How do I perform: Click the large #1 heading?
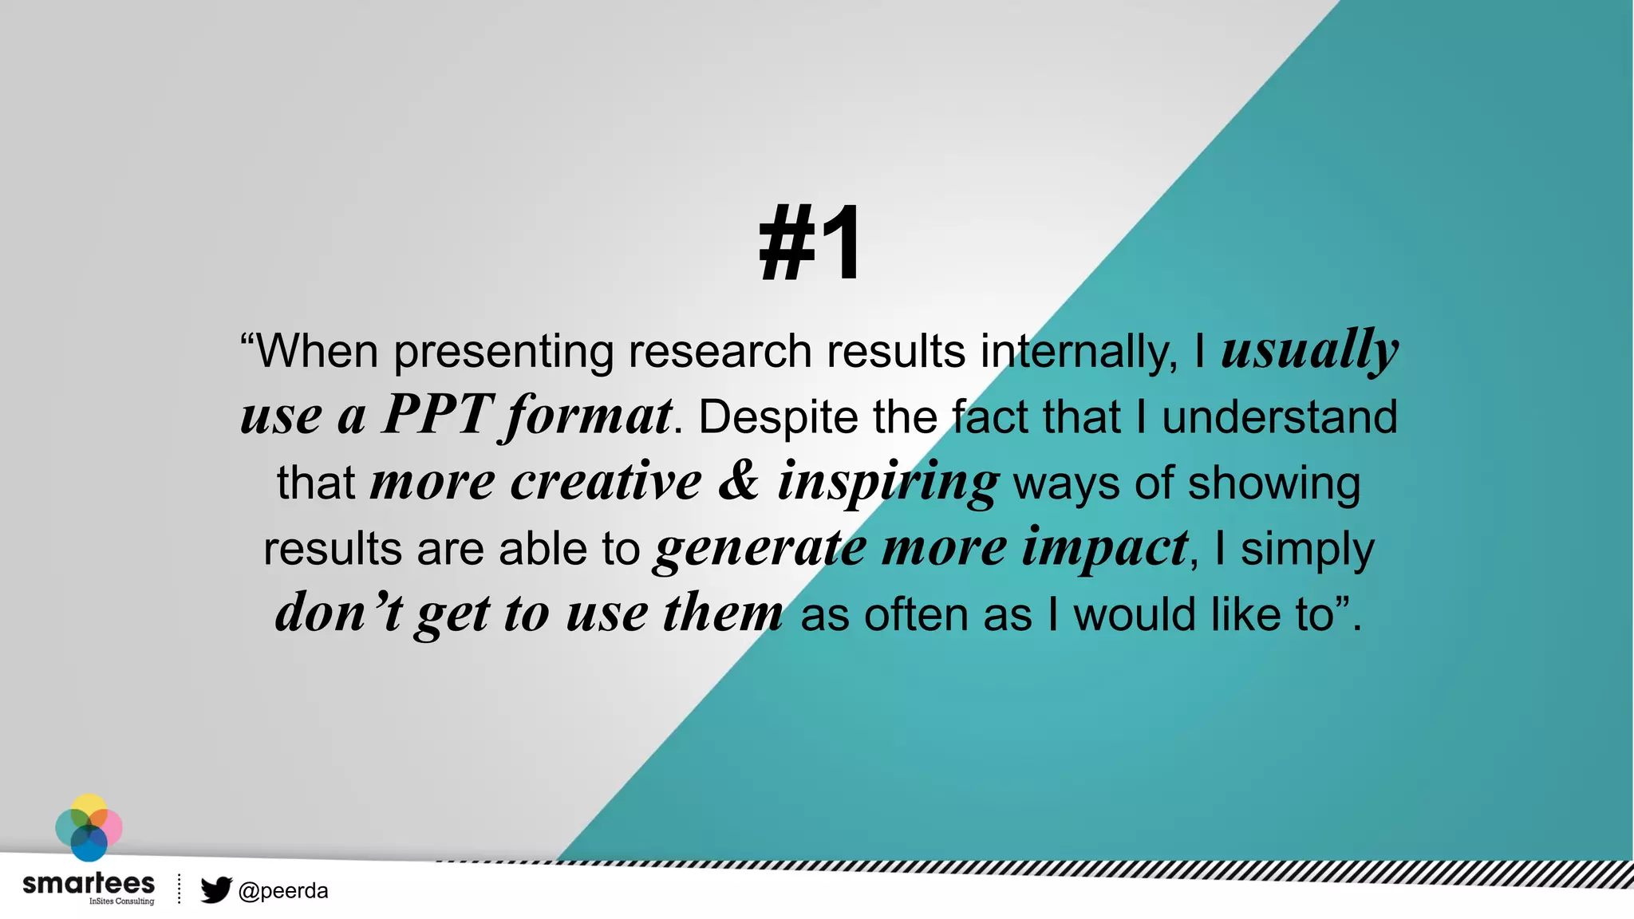[x=810, y=243]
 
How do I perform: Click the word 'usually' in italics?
[x=1309, y=350]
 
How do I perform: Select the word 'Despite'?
[x=777, y=417]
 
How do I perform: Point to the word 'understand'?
[x=1279, y=417]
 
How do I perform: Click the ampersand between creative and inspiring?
[x=739, y=481]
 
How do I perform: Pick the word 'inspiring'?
[x=887, y=483]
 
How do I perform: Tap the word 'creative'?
[x=606, y=481]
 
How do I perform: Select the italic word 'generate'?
[x=760, y=549]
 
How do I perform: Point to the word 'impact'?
[x=1105, y=549]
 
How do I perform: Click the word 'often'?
[x=914, y=615]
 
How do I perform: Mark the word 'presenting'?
[x=503, y=352]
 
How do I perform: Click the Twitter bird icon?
[x=215, y=889]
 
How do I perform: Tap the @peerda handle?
[x=283, y=890]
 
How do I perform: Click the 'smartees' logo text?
[x=89, y=883]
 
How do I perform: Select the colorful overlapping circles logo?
[x=89, y=828]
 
